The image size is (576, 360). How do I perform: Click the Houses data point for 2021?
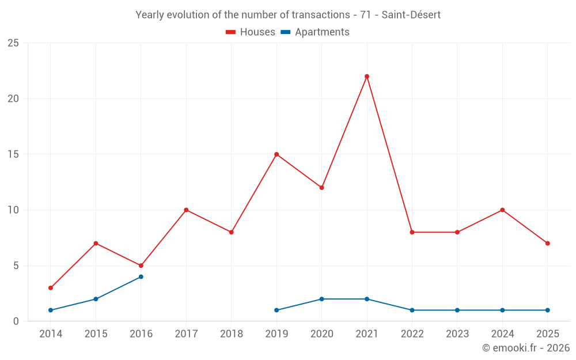click(x=367, y=77)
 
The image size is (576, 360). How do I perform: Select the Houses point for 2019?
click(x=276, y=154)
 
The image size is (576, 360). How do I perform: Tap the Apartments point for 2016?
click(x=141, y=277)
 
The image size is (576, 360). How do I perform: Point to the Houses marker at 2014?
click(x=51, y=288)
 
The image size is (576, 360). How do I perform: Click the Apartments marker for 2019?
click(x=276, y=310)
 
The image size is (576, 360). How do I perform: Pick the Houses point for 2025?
click(x=548, y=243)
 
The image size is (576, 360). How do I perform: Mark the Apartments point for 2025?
click(x=548, y=310)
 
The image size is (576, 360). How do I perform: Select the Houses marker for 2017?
click(x=186, y=210)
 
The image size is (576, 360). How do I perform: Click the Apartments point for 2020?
click(x=321, y=299)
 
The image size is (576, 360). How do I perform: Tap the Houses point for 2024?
click(x=502, y=210)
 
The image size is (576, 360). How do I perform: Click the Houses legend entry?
click(x=251, y=32)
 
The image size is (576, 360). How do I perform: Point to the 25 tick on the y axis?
click(x=13, y=43)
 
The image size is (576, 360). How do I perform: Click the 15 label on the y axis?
click(x=13, y=154)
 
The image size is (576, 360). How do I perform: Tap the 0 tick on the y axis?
click(x=16, y=321)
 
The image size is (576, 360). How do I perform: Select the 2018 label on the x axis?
click(x=232, y=334)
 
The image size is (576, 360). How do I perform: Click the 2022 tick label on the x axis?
click(x=412, y=334)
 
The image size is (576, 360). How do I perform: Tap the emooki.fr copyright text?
click(x=525, y=348)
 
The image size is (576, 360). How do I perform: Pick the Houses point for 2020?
click(x=321, y=188)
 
